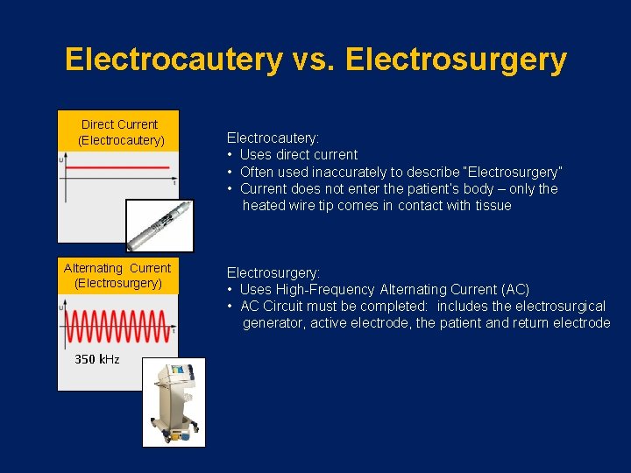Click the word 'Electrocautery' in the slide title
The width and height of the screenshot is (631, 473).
[173, 60]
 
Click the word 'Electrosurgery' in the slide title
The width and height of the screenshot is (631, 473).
[457, 60]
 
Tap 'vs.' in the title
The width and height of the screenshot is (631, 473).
[315, 60]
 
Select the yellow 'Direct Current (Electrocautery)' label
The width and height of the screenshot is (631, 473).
[118, 131]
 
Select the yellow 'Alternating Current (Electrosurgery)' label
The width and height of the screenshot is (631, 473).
[117, 275]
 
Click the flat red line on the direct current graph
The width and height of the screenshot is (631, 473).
[118, 166]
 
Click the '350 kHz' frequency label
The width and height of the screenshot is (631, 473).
[97, 359]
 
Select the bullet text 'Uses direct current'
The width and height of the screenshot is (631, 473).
[298, 154]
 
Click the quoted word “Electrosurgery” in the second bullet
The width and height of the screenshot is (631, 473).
[513, 172]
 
